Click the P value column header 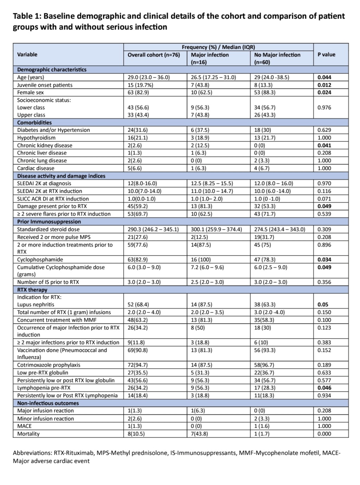click(x=326, y=54)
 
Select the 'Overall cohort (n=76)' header click(x=153, y=55)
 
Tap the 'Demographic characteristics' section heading click(x=52, y=70)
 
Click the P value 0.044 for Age click(x=324, y=77)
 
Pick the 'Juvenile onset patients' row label click(x=45, y=85)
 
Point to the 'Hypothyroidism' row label click(x=36, y=138)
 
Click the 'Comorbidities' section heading click(x=34, y=123)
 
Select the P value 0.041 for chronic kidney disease click(x=324, y=145)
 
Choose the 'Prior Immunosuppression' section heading click(x=49, y=222)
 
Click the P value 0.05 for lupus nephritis click(x=322, y=304)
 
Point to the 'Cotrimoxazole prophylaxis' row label click(x=48, y=365)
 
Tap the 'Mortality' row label click(x=28, y=434)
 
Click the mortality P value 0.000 click(x=324, y=434)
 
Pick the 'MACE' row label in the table click(x=24, y=426)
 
